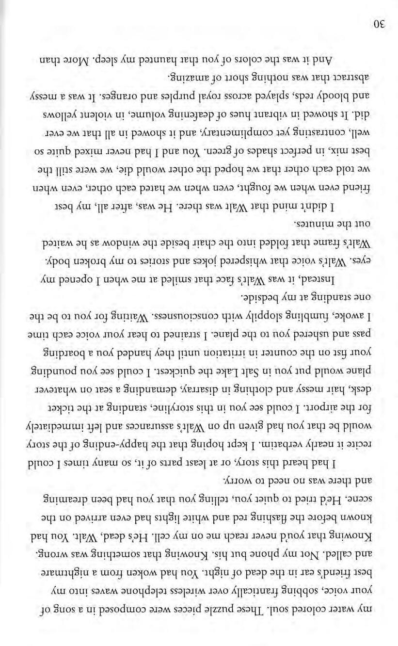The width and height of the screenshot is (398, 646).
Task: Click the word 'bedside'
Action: point(264,295)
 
